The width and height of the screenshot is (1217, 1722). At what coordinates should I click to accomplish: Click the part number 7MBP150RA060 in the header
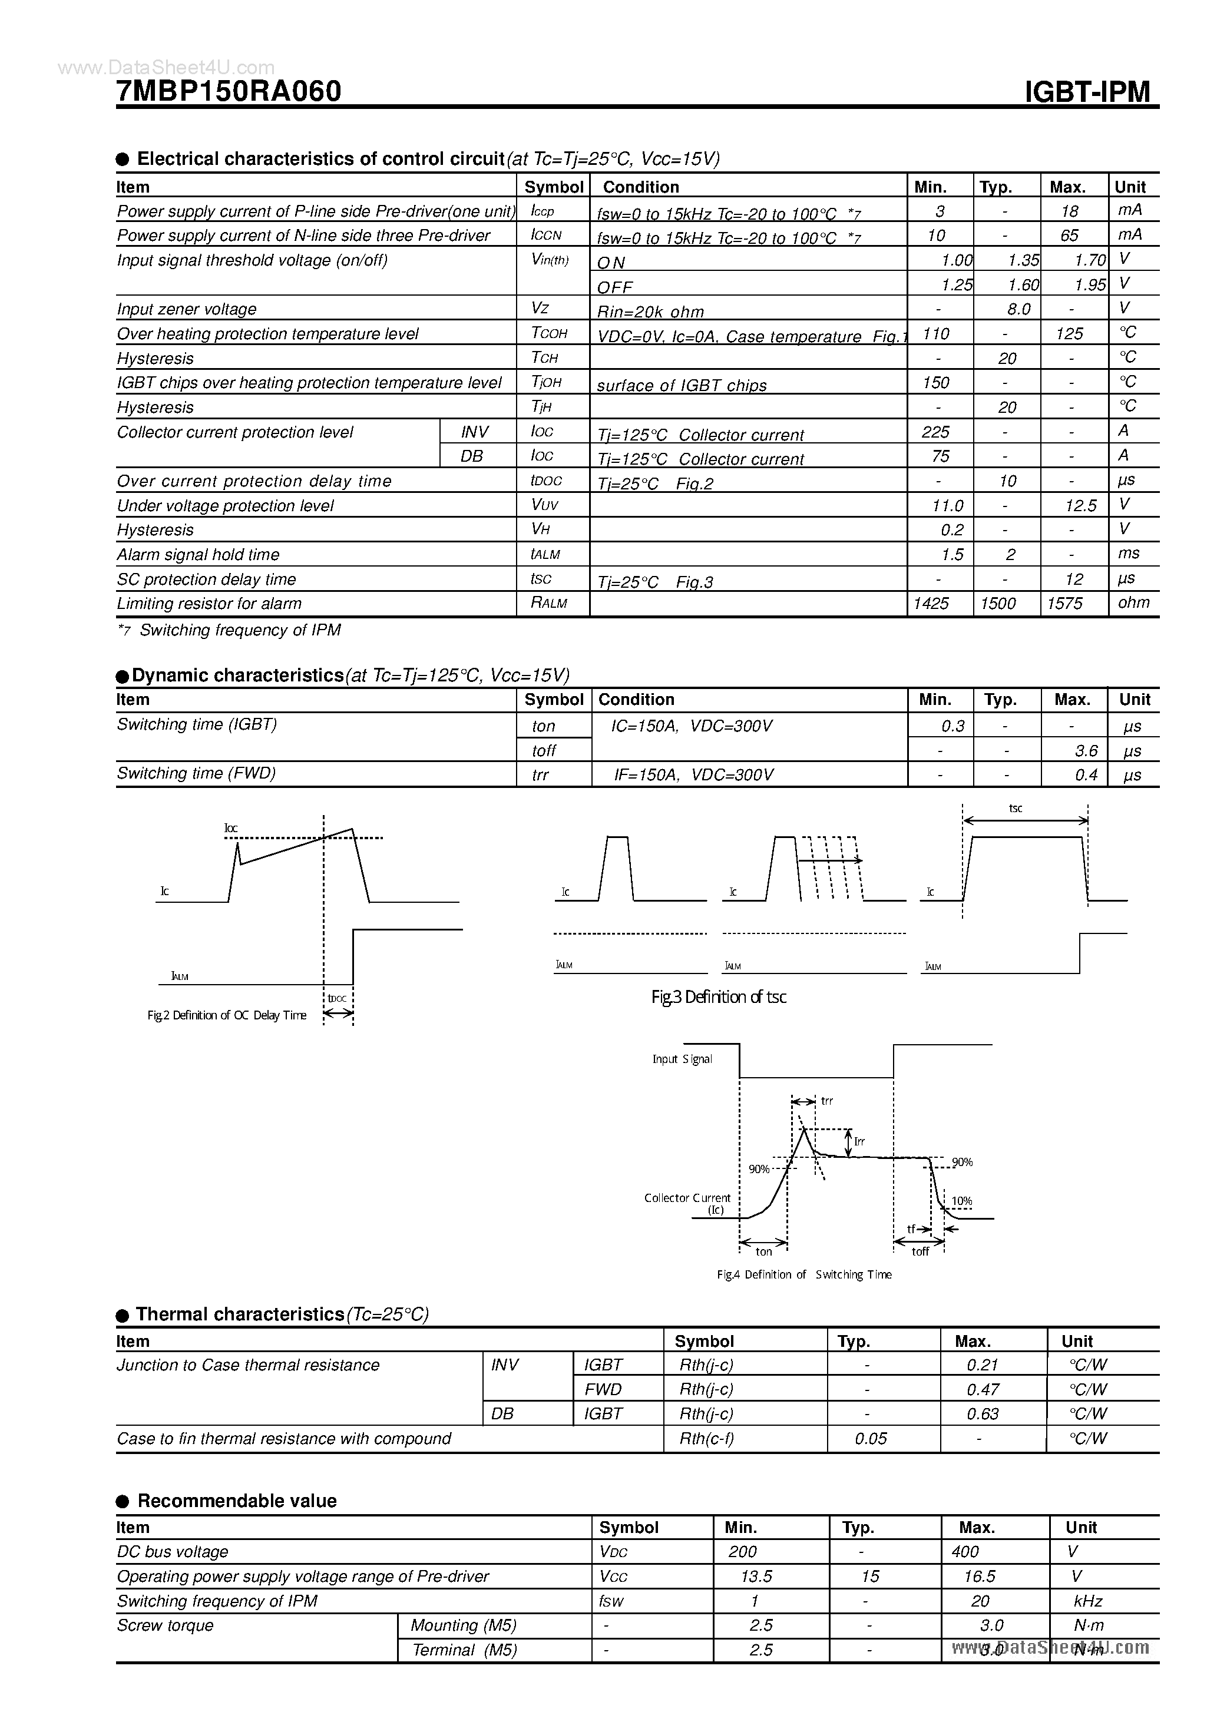pos(229,91)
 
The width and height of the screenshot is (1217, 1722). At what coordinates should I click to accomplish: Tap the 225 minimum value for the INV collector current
pos(935,432)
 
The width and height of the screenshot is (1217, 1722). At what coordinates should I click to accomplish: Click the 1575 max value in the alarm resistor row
pos(1064,604)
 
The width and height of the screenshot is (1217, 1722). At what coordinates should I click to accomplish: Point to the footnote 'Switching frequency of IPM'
pos(240,630)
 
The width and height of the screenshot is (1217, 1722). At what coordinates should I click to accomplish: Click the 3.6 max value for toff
pos(1086,751)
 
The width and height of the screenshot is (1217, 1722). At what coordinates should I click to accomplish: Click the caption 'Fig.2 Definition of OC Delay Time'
pos(227,1015)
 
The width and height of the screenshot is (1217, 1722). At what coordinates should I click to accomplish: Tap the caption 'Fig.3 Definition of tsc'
pos(718,997)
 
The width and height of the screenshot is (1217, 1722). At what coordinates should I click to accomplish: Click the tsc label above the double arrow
pos(1015,809)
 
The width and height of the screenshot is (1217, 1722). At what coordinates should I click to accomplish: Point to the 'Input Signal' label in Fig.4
pos(682,1059)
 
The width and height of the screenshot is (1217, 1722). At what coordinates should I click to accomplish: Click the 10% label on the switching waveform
pos(961,1201)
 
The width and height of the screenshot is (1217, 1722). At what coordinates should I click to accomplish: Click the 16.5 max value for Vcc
pos(980,1577)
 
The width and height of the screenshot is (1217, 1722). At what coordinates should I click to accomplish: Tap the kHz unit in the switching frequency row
pos(1087,1601)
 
